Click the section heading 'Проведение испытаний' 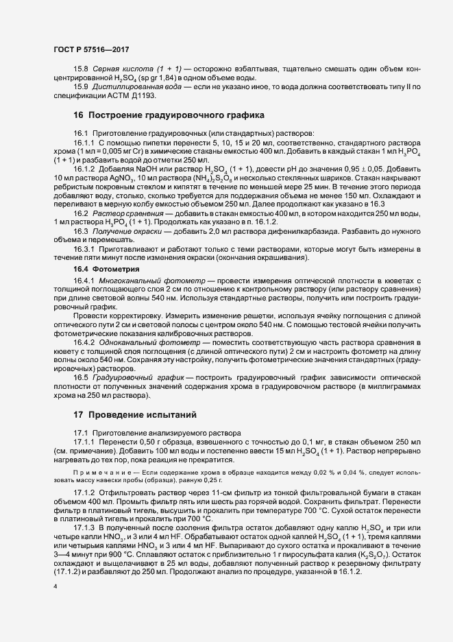click(134, 415)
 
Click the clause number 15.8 click(81, 70)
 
